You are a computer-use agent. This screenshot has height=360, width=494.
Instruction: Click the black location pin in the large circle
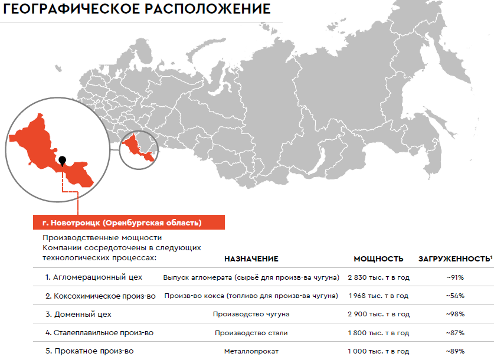pos(62,159)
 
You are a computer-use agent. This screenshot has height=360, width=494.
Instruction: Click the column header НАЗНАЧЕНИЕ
pos(251,258)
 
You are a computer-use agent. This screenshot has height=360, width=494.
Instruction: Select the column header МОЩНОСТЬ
pos(378,258)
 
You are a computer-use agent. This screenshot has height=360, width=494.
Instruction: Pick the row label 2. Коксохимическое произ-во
pos(100,295)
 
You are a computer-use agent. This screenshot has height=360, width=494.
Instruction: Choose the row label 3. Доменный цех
pos(78,314)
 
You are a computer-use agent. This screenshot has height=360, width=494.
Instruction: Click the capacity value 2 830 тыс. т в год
pos(378,277)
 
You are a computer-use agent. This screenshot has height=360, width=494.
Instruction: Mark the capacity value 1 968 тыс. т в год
pos(378,296)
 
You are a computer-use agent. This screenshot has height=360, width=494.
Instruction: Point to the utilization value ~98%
pos(455,314)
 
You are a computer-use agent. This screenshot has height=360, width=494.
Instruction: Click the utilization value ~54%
pos(455,296)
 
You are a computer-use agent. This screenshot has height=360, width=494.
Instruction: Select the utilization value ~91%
pos(455,277)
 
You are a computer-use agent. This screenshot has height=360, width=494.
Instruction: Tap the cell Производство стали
pos(251,333)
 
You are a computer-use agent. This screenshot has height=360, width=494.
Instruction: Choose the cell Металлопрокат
pos(251,351)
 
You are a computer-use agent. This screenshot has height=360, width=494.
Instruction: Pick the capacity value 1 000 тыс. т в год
pos(378,351)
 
